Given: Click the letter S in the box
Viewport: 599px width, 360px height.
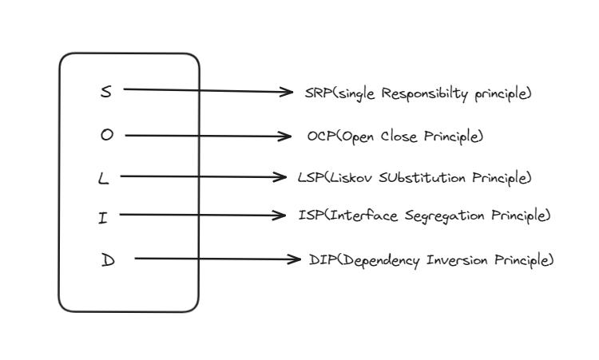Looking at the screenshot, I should coord(106,91).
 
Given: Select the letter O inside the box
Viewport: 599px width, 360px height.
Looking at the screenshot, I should coord(107,136).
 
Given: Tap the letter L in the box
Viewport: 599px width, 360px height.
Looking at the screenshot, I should coord(102,178).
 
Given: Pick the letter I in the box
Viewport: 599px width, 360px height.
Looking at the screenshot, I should coord(103,217).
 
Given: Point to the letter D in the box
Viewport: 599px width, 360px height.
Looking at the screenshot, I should coord(109,260).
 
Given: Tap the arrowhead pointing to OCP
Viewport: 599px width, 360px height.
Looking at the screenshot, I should coord(285,136).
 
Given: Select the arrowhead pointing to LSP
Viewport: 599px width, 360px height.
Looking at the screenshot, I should coord(280,176).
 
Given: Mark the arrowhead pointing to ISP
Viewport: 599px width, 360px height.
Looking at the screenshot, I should coord(280,215).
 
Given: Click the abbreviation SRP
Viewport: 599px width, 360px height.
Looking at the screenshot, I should coord(315,93).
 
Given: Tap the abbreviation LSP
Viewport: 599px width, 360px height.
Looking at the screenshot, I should coord(308,177).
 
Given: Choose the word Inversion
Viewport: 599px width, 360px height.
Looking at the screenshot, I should coord(453,259).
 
